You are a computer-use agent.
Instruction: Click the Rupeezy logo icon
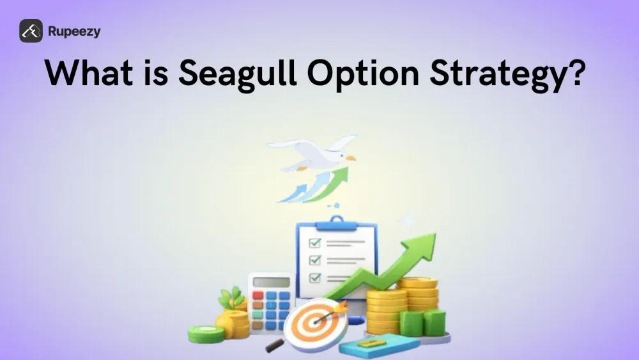[x=31, y=31]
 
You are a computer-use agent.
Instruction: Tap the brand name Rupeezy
[x=74, y=31]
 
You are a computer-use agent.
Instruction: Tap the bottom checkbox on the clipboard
[x=314, y=278]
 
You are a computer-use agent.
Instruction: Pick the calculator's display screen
[x=270, y=282]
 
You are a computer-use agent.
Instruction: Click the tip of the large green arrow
[x=432, y=238]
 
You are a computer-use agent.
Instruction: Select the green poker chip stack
[x=206, y=333]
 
